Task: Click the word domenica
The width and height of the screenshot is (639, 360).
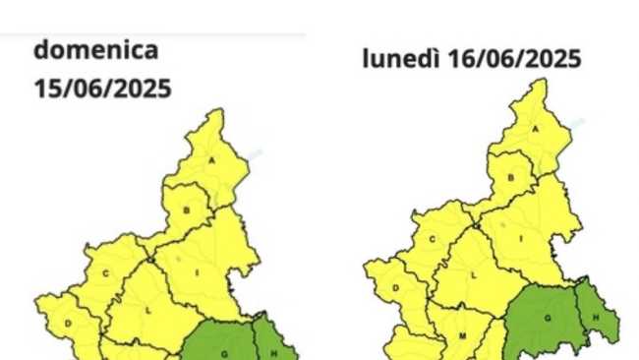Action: coord(95,50)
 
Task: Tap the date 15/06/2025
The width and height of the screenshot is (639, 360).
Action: coord(102,89)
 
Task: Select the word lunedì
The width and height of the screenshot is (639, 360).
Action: coord(398,59)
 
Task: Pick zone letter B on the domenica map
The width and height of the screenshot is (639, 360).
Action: coord(187,210)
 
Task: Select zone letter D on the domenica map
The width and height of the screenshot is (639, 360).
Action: coord(69,323)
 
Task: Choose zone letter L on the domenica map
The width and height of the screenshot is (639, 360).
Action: coord(148,309)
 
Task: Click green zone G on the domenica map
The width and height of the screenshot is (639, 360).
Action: coord(225,351)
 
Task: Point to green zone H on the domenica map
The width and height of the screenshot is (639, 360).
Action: coord(266,351)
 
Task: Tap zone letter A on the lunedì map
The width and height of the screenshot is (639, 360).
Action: coord(537,129)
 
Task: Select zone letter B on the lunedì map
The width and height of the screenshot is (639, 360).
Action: coord(511,177)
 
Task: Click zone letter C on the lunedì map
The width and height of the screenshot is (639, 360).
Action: coord(432,238)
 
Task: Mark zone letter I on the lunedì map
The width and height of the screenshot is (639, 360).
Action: coord(521,237)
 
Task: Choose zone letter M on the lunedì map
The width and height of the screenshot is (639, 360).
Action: coord(461,335)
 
